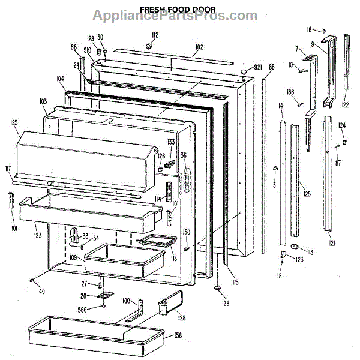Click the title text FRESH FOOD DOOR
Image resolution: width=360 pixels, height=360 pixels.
coord(178,10)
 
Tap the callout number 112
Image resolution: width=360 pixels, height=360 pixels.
coord(154,34)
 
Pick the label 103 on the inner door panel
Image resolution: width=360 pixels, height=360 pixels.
coord(43,102)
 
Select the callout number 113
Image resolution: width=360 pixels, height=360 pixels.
coord(310,252)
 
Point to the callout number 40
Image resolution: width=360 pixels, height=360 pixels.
coord(41,292)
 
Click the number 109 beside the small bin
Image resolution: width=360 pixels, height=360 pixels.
coord(73,258)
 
